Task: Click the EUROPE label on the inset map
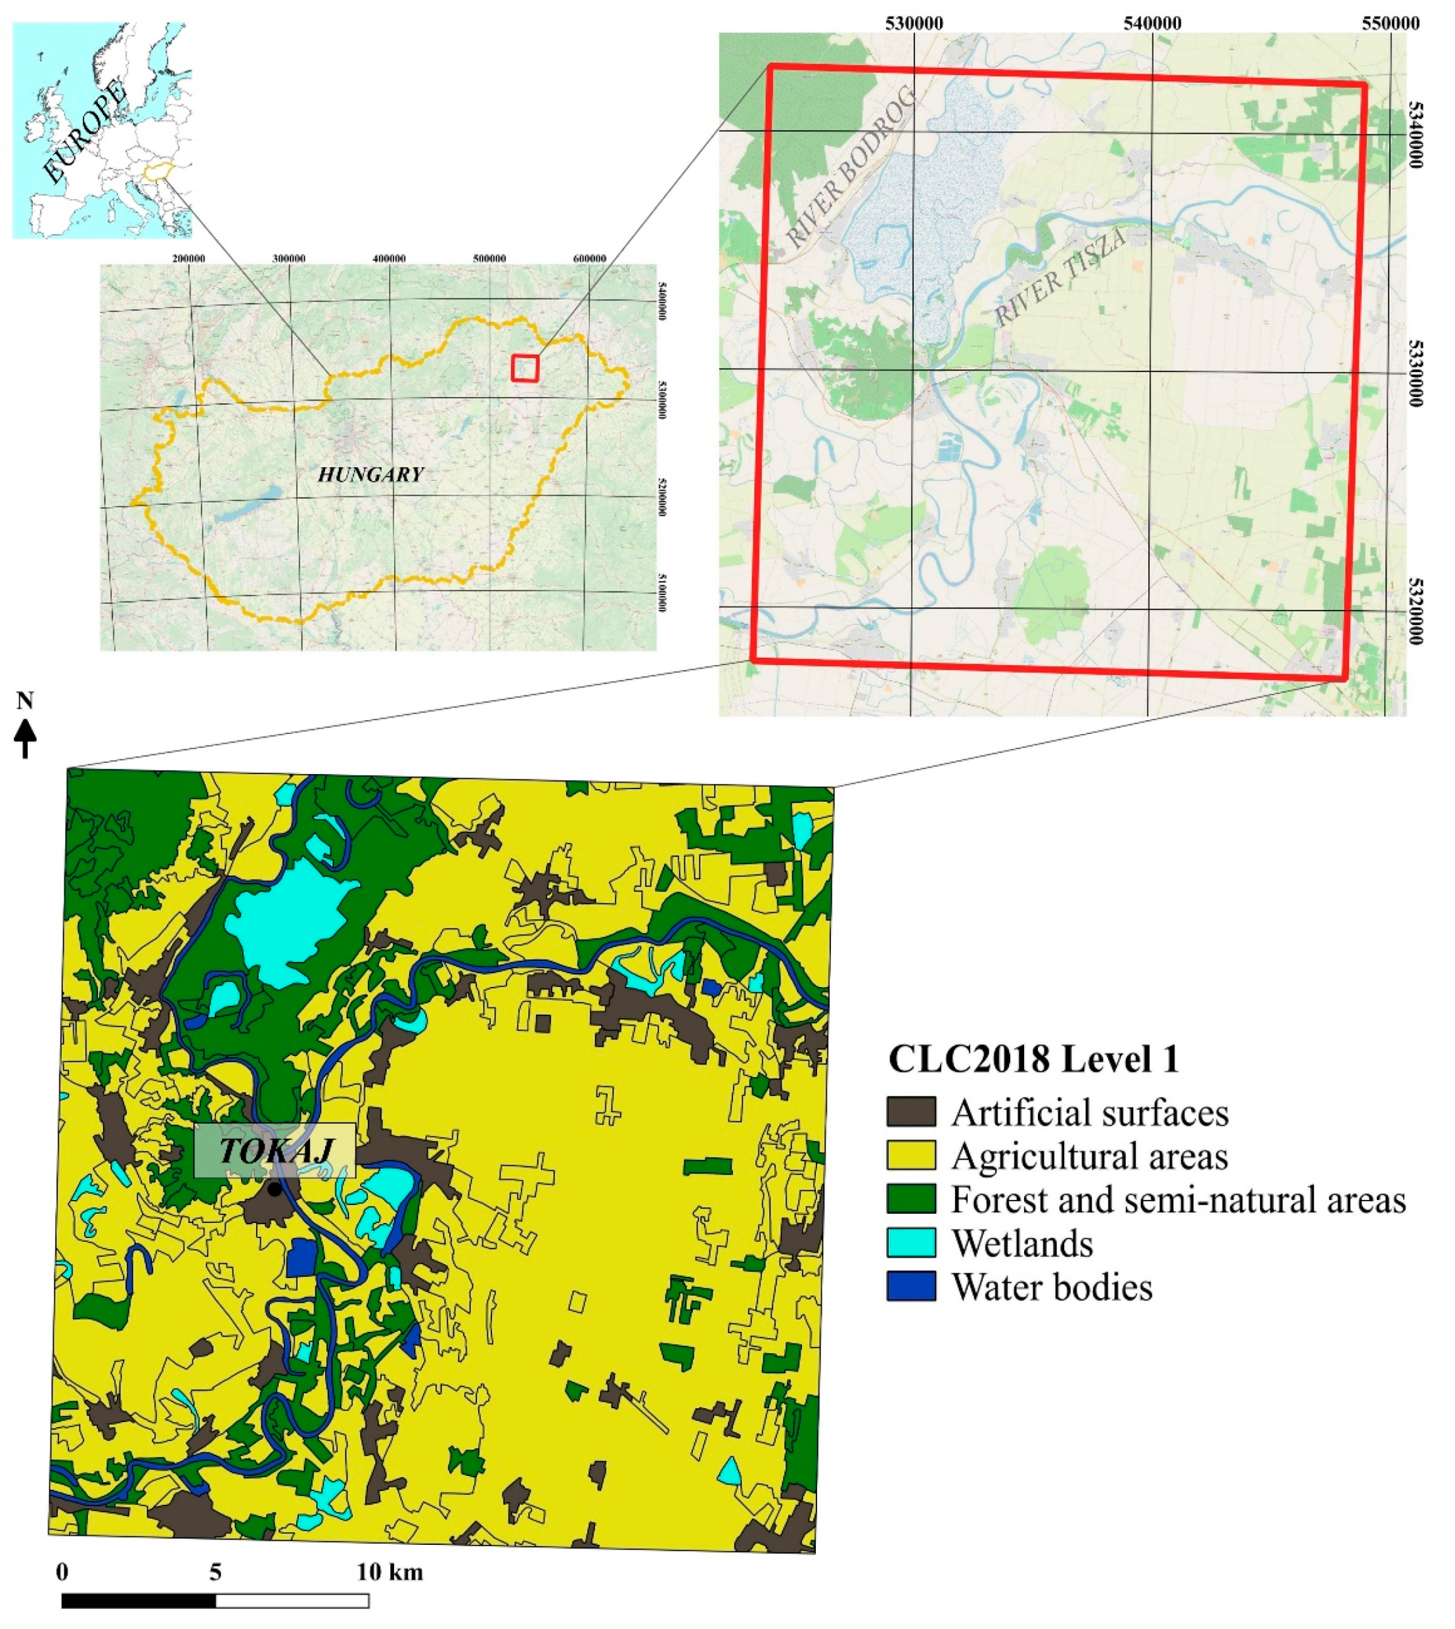pos(85,131)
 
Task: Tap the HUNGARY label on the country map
pos(370,475)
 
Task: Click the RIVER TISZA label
pos(1060,276)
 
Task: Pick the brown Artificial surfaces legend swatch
pos(910,1113)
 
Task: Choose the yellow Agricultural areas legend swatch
pos(910,1156)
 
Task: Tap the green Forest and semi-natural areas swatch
pos(910,1199)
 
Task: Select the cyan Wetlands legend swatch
pos(910,1243)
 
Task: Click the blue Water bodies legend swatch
pos(910,1287)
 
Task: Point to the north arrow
pos(26,738)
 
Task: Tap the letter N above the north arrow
pos(26,701)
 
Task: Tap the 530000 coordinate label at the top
pos(914,23)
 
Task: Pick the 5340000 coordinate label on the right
pos(1415,133)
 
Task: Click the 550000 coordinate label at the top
pos(1391,23)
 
